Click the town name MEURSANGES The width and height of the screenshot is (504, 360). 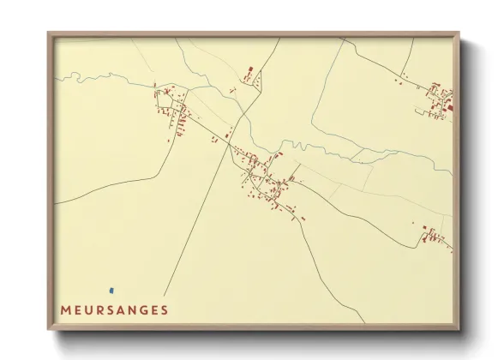click(x=114, y=309)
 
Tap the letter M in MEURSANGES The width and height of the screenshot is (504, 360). click(x=65, y=309)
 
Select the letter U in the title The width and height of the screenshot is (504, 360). click(x=89, y=309)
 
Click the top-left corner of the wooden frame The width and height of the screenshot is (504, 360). click(x=49, y=34)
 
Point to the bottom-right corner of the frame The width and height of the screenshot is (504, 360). click(x=459, y=328)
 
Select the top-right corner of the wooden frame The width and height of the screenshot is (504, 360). click(x=459, y=34)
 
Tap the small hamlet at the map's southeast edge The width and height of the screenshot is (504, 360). click(x=435, y=235)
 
